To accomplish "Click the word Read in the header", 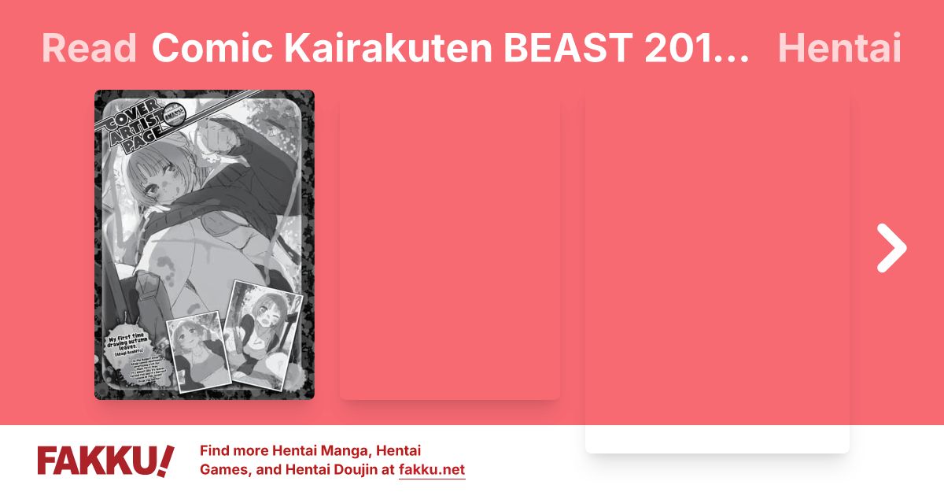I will pos(88,49).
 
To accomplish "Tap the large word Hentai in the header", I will pos(839,49).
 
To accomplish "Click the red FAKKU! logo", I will pos(105,461).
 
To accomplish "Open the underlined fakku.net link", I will pos(432,471).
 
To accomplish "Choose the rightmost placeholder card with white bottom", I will pos(717,276).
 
